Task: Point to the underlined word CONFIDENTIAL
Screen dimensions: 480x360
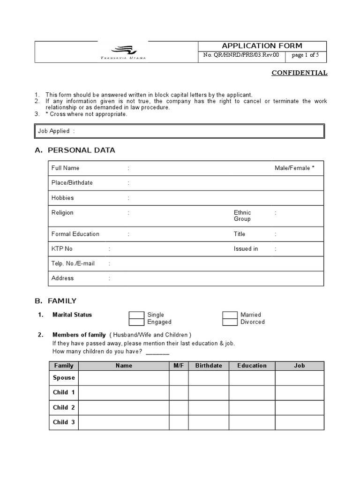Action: pos(300,73)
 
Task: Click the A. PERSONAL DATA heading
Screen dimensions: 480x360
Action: pos(75,150)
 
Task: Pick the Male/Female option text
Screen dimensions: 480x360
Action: pos(294,168)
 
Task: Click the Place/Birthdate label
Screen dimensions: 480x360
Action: pos(72,183)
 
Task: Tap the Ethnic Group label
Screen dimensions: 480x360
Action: pos(242,216)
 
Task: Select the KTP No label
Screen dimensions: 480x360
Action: pos(62,249)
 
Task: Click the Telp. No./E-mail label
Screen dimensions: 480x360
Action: pos(73,263)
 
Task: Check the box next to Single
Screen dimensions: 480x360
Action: pos(136,315)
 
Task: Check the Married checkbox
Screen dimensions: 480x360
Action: pos(230,315)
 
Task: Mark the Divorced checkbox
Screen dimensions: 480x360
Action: pos(230,322)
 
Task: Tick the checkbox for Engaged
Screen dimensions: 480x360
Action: pos(136,322)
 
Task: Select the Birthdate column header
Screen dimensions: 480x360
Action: pos(209,366)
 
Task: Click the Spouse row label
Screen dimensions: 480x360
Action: pos(64,378)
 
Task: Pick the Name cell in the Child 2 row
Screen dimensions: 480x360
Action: pos(124,408)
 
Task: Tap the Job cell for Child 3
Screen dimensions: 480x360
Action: pos(299,422)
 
